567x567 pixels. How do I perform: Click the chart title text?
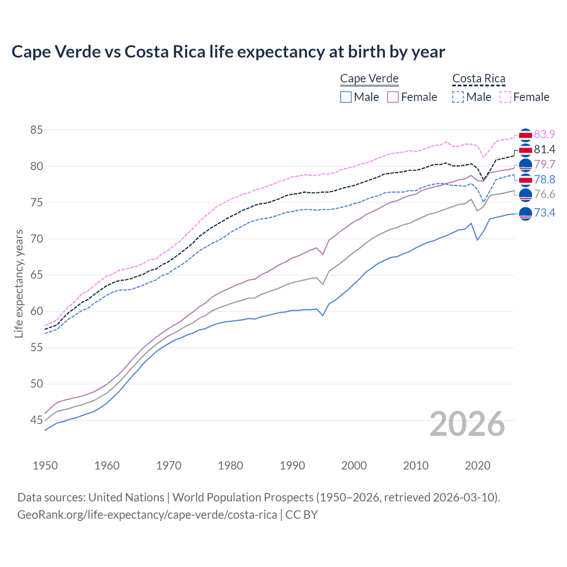tap(228, 52)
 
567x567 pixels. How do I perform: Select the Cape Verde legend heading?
tap(369, 78)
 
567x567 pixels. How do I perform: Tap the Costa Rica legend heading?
tap(478, 78)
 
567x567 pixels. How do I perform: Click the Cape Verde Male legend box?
tap(346, 97)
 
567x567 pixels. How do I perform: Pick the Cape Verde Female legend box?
tap(393, 97)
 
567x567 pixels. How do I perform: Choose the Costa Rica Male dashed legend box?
tap(458, 97)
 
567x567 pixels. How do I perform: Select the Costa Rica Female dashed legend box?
tap(505, 97)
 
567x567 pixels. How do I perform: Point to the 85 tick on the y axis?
tap(36, 130)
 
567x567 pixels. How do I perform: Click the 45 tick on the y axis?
tap(36, 420)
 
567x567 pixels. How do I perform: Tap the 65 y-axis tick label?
tap(36, 275)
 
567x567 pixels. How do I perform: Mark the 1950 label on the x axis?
tap(45, 466)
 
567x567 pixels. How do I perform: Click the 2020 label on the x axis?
tap(478, 466)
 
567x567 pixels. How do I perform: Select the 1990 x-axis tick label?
tap(292, 466)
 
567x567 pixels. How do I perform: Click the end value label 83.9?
tap(544, 134)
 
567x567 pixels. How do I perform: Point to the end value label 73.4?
tap(544, 213)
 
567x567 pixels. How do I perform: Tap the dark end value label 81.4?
tap(544, 149)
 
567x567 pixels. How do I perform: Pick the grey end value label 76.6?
tap(544, 194)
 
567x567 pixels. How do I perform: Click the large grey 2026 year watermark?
tap(467, 424)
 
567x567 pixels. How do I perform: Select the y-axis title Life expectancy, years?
tap(19, 283)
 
